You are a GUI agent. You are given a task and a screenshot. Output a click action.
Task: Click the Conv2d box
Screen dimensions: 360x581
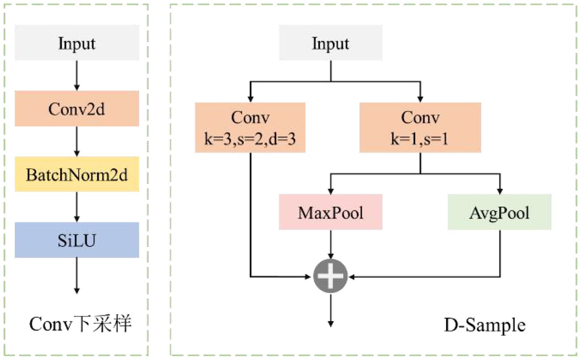(77, 109)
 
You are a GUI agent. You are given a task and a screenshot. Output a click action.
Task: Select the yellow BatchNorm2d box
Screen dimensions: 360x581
(77, 174)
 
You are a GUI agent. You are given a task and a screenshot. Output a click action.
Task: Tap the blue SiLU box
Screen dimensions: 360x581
(77, 240)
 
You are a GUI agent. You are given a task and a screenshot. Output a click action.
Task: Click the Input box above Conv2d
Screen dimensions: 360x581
(77, 43)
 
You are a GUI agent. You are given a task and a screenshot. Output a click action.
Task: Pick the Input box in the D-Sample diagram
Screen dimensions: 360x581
(330, 43)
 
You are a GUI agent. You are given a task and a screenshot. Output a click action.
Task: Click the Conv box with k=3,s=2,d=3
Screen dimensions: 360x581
(250, 127)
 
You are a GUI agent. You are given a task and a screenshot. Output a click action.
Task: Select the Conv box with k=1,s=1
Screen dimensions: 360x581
(420, 127)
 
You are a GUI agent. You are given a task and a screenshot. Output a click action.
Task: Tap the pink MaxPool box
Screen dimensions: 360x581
(330, 212)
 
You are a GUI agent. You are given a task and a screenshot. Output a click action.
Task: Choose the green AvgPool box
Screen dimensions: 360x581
(499, 212)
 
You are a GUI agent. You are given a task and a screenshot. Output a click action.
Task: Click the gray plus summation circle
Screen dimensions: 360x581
(330, 276)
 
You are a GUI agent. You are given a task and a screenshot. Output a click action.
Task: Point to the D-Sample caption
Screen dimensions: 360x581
(484, 325)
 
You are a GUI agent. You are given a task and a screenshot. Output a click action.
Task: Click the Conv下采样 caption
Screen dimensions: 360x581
(80, 324)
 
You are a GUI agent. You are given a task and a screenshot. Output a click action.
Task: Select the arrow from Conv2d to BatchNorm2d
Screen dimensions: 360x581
(77, 141)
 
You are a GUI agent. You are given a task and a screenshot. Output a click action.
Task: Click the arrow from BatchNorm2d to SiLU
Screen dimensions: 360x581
(77, 207)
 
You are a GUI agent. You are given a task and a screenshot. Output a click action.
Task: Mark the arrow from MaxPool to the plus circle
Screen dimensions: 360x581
(330, 244)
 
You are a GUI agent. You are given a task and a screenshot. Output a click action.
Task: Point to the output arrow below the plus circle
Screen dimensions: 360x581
(330, 310)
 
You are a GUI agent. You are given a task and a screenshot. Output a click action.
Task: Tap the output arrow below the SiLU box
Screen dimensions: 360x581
(77, 276)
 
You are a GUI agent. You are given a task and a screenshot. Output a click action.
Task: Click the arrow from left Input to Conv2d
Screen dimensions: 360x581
(77, 76)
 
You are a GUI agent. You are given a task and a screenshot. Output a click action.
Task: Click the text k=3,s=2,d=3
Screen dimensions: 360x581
(250, 139)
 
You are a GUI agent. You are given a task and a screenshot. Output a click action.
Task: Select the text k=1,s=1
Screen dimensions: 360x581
(420, 139)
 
